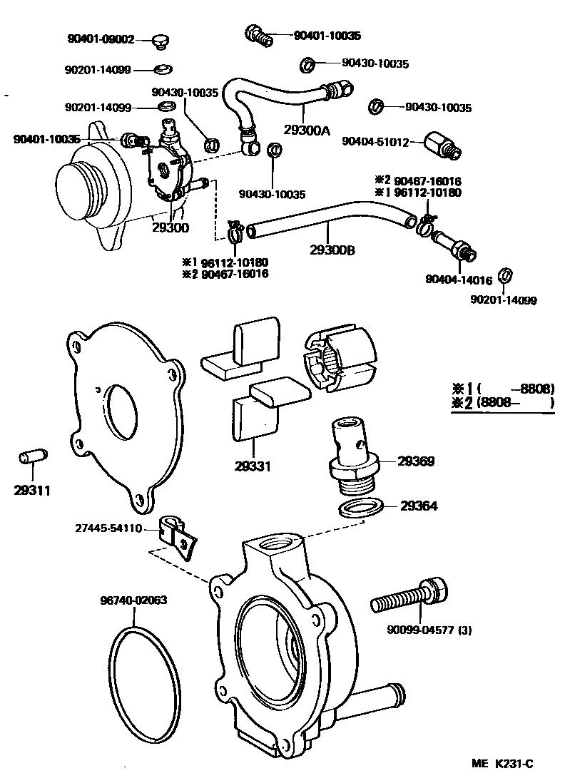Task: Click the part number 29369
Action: pos(417,462)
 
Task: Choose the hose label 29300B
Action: pos(332,250)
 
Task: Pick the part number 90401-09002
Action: pos(99,39)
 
